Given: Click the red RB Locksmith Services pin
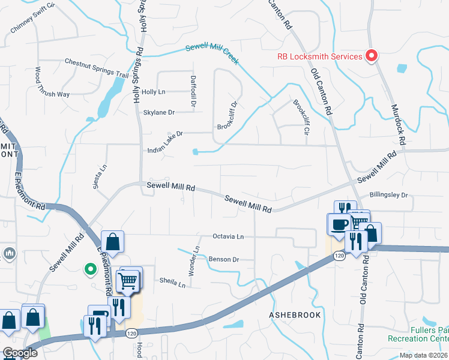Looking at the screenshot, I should (372, 56).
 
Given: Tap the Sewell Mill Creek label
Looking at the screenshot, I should (212, 53).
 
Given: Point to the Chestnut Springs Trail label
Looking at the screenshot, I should (97, 68).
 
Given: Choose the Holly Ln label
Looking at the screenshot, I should (153, 92).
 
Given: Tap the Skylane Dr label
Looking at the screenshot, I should (158, 112).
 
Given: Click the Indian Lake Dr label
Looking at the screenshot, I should (164, 134).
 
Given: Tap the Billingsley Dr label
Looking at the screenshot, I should (388, 195).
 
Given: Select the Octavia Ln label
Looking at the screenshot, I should (228, 237).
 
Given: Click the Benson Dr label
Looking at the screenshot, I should (224, 259).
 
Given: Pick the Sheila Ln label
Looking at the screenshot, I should (172, 281).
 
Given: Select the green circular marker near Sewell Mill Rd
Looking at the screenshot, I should (91, 269).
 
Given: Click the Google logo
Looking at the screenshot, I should (20, 353).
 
